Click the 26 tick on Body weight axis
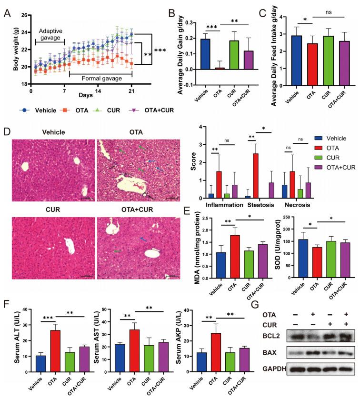[x=24, y=16]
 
